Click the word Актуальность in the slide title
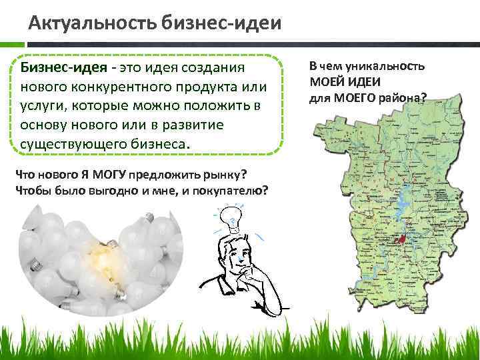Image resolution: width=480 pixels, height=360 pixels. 91,25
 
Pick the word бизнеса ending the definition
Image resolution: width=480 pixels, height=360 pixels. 159,144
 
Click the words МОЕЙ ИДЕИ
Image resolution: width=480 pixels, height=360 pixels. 345,83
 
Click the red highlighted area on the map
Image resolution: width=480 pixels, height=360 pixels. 400,239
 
